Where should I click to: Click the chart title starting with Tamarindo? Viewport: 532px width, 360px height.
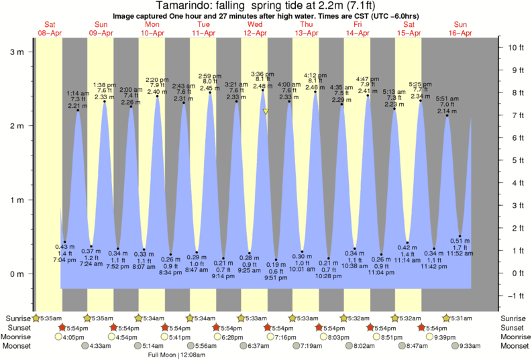point(266,6)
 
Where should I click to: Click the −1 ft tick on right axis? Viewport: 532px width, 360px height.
point(515,296)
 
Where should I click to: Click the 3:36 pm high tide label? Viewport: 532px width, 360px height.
point(262,74)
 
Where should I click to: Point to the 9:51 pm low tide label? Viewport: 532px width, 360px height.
point(276,277)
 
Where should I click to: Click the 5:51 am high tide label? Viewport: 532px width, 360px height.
point(447,99)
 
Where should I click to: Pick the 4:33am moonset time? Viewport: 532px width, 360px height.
point(99,346)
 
